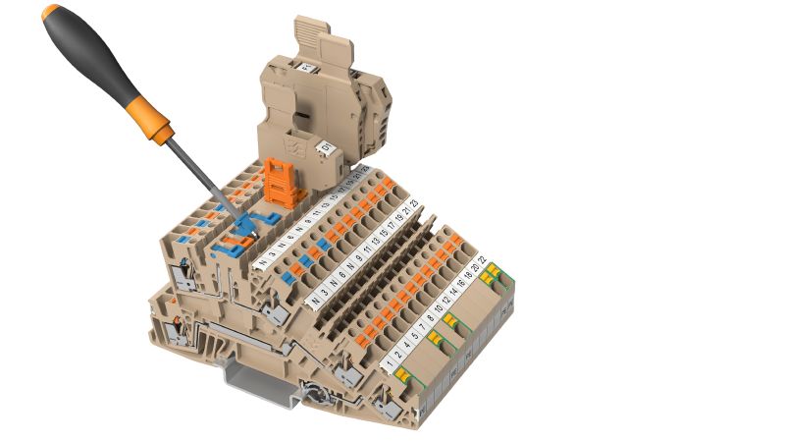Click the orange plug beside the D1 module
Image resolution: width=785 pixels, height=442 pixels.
(284, 181)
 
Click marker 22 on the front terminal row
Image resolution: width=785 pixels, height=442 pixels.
(482, 259)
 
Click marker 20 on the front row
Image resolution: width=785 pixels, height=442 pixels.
(475, 267)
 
